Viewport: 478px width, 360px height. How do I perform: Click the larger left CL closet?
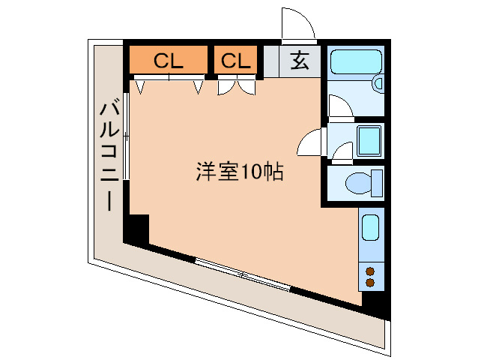tap(168, 61)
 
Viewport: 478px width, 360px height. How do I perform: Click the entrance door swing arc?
tap(297, 24)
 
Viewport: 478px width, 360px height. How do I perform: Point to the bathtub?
tap(355, 61)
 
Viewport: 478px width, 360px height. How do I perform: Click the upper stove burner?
tap(370, 270)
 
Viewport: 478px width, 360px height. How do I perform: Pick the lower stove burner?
tap(370, 283)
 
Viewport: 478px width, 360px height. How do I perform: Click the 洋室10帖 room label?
tap(239, 173)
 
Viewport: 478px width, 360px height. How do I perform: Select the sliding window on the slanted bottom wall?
tap(242, 274)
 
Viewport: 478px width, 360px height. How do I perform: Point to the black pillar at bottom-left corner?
tap(136, 228)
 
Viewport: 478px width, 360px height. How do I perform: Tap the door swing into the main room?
tap(310, 142)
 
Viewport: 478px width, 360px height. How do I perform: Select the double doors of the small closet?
tap(236, 87)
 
